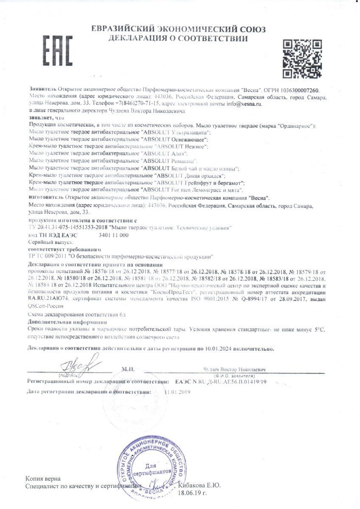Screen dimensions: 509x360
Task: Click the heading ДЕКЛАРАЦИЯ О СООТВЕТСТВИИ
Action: click(178, 39)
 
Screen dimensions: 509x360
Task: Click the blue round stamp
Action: click(154, 469)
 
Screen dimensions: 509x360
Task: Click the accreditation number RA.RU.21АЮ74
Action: click(49, 299)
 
